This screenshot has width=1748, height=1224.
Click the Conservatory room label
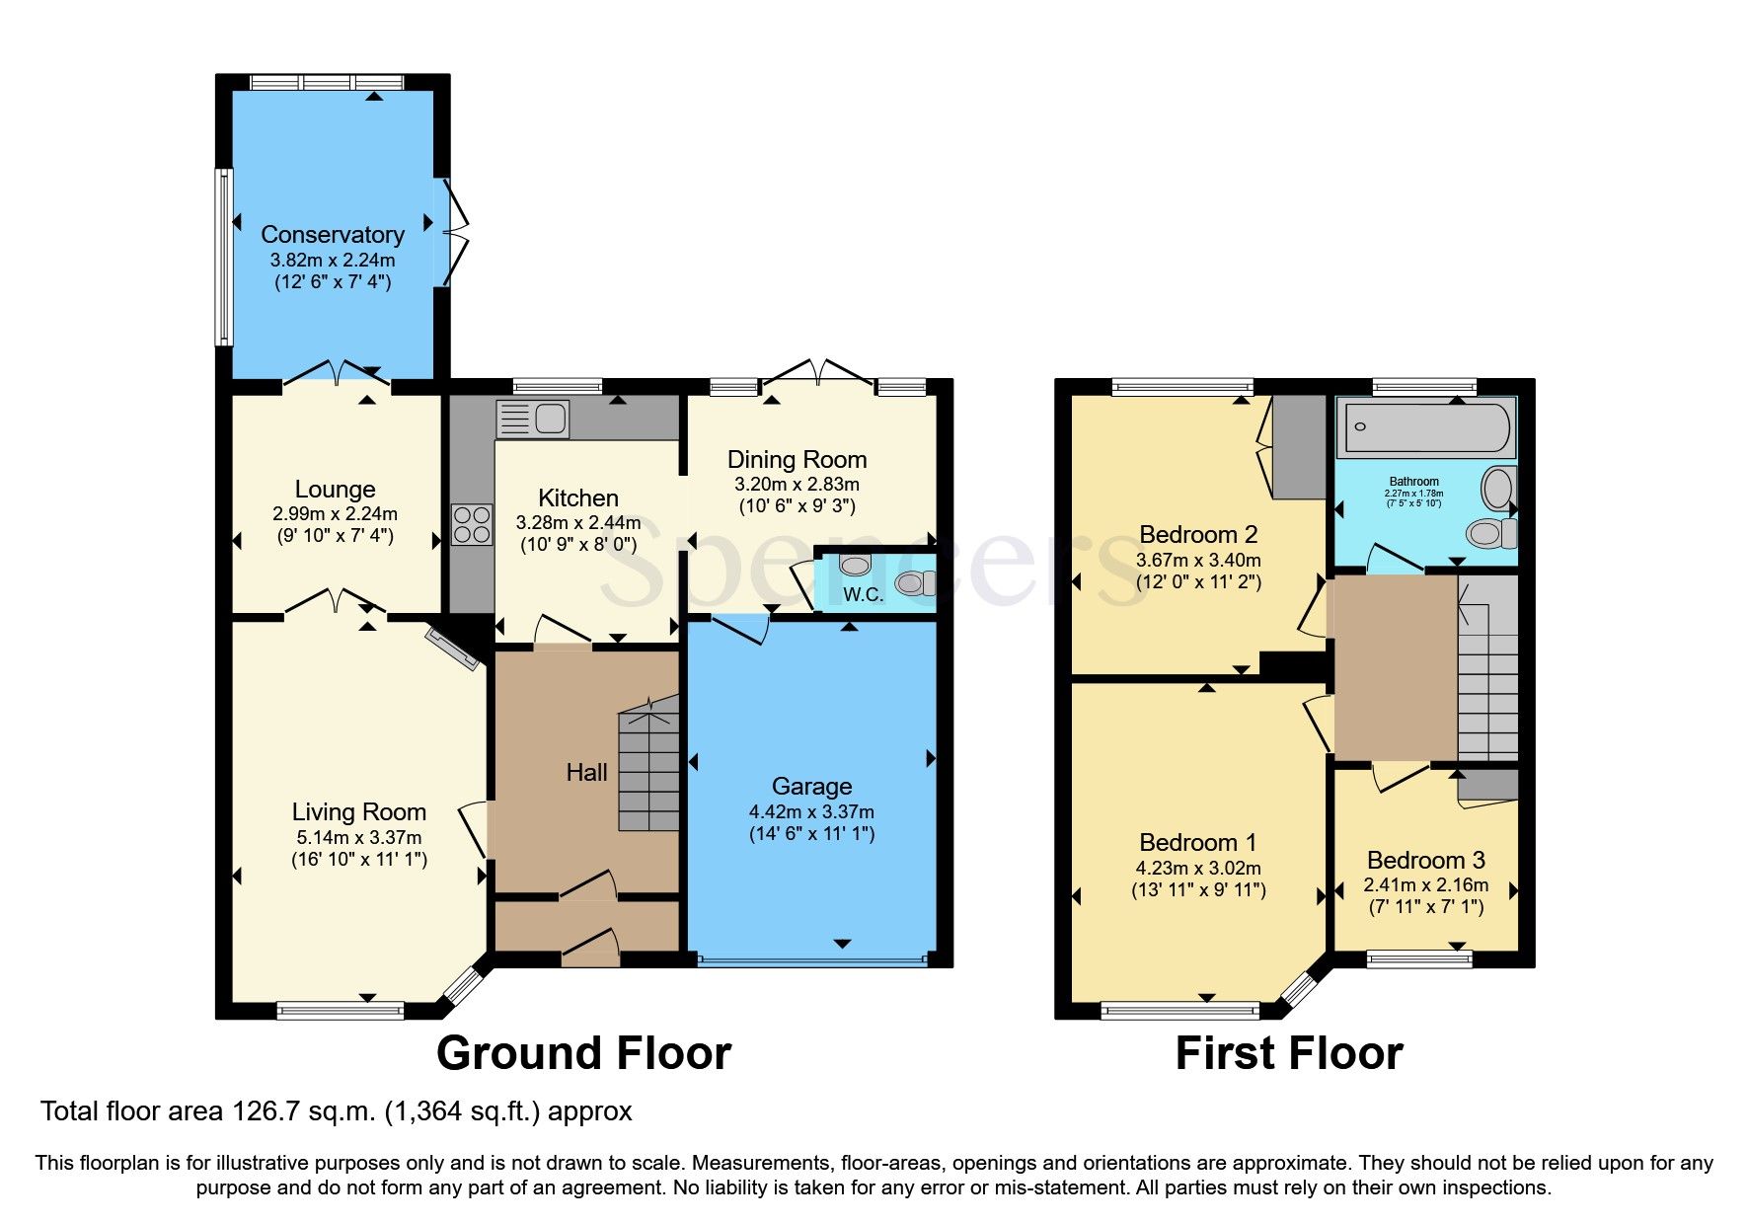[x=333, y=235]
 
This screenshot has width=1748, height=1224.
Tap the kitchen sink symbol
[x=533, y=420]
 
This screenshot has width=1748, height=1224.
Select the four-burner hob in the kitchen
[x=472, y=524]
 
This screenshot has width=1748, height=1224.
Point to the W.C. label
[x=863, y=594]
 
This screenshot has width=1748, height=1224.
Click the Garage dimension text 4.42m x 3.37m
[x=811, y=811]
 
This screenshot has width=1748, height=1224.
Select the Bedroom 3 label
[x=1425, y=860]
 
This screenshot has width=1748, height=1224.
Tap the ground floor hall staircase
[x=649, y=770]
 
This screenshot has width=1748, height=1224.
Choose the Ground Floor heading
[x=583, y=1053]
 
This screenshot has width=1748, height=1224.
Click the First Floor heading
[x=1288, y=1053]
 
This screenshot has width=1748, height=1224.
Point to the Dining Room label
[x=797, y=459]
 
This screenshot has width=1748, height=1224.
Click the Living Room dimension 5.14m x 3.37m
[x=358, y=837]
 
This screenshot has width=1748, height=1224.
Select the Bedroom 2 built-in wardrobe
[x=1298, y=447]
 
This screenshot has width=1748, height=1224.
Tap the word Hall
[x=586, y=772]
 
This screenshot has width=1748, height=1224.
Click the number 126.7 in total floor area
[x=265, y=1111]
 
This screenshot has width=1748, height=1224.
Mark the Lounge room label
[x=335, y=489]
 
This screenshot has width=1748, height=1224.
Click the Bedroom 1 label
[x=1197, y=842]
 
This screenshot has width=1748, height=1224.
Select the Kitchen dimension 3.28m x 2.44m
[x=577, y=522]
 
